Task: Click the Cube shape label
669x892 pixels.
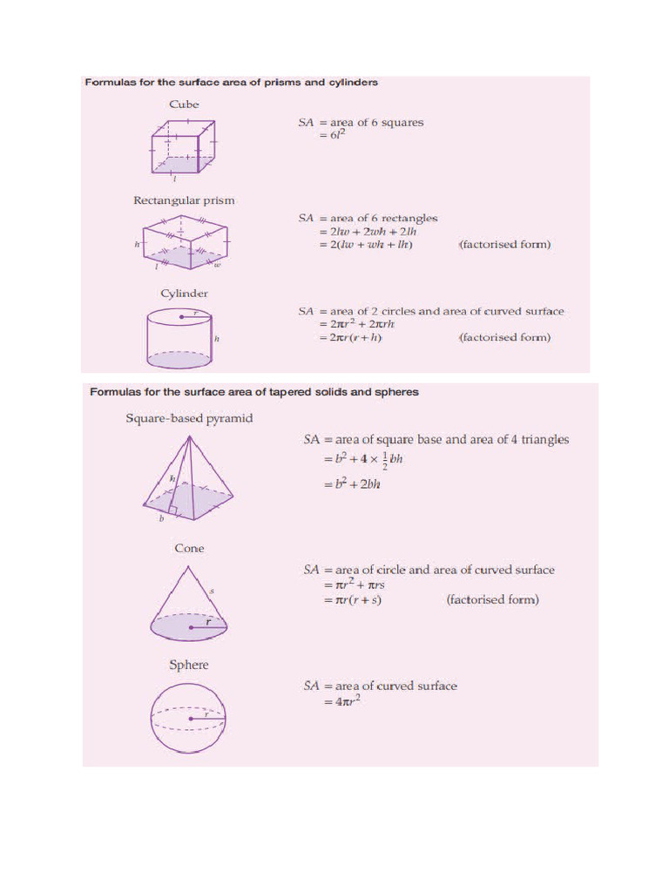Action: [x=184, y=105]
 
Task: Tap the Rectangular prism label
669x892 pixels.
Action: [x=184, y=200]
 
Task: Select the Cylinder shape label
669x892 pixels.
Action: [x=184, y=294]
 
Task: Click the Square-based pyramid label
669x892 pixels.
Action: [x=189, y=419]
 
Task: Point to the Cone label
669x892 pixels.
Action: [x=189, y=549]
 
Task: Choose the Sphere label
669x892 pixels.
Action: [x=189, y=665]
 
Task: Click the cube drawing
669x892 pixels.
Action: [x=181, y=147]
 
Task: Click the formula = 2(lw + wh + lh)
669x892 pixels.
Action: [x=365, y=245]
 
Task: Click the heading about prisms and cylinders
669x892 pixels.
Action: [x=231, y=83]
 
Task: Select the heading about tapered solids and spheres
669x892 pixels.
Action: [x=254, y=392]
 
